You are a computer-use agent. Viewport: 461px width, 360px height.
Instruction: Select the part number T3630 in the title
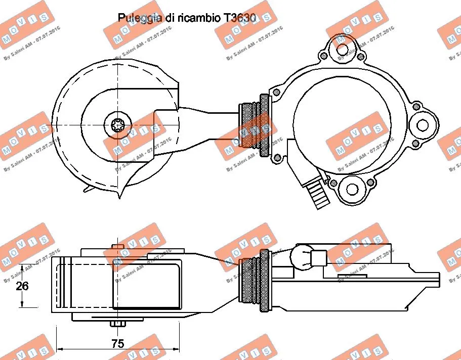pos(237,18)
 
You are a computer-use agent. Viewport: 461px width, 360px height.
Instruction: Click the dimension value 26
pos(22,286)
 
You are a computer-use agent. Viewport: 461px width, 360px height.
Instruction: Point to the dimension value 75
pos(117,344)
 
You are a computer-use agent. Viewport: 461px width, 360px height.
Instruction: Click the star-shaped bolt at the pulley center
pos(118,124)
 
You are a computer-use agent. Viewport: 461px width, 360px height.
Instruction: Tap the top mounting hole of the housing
pos(343,50)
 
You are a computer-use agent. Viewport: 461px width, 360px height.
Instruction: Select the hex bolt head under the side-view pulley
pos(117,324)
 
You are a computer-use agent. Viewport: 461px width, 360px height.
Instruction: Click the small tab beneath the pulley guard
pos(90,188)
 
